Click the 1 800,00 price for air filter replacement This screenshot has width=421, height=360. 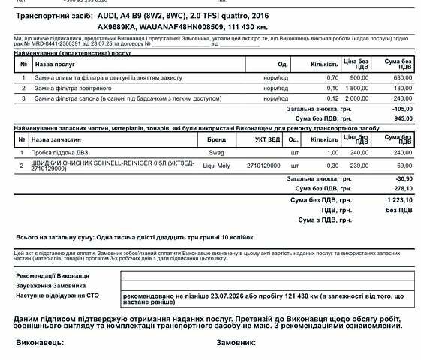coord(356,88)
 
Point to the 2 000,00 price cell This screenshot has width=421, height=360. coord(356,97)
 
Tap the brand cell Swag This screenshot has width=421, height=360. coord(216,152)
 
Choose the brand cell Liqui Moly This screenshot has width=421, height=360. coord(216,165)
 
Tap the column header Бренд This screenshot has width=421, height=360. coord(216,139)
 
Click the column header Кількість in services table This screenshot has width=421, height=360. coord(324,64)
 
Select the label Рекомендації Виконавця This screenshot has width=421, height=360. coord(53,276)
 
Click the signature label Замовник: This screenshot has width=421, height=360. coord(236,342)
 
